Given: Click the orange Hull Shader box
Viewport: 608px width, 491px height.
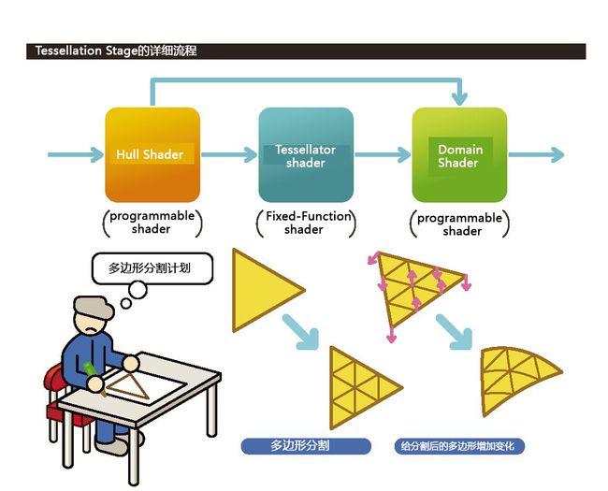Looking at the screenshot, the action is click(x=152, y=154).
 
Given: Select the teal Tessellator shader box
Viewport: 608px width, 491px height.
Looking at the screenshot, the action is click(x=306, y=154).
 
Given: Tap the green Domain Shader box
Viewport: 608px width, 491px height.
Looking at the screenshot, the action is click(x=459, y=154).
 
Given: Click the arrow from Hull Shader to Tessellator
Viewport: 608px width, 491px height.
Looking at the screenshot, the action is click(x=229, y=154).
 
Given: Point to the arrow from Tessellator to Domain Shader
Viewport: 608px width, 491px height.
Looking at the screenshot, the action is click(x=383, y=154).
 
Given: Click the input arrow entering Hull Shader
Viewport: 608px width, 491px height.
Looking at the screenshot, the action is click(x=76, y=154).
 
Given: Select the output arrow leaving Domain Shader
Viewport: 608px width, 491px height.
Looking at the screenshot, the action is click(x=536, y=154).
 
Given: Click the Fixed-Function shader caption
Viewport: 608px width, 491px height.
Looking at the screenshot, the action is click(x=306, y=223).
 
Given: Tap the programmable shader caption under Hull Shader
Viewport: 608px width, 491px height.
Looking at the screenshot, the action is click(x=152, y=223).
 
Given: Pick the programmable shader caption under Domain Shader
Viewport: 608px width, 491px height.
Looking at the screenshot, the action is click(x=459, y=224).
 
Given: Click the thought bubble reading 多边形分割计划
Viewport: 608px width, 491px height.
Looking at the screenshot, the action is click(x=152, y=268).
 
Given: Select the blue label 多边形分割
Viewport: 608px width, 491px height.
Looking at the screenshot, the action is click(x=306, y=446).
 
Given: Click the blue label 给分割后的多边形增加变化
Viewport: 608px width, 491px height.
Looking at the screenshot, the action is click(x=459, y=446).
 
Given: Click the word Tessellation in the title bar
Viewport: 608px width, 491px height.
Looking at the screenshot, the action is click(x=68, y=51).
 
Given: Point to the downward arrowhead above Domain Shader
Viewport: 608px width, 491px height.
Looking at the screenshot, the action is click(x=459, y=99).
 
